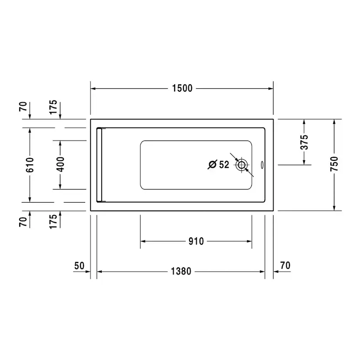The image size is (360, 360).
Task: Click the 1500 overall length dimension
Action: pyautogui.click(x=182, y=88)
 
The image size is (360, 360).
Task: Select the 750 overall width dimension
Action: pyautogui.click(x=334, y=164)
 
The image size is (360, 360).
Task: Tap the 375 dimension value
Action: pyautogui.click(x=304, y=142)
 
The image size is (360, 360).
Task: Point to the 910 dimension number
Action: pyautogui.click(x=196, y=241)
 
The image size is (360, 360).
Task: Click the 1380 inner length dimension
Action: pyautogui.click(x=181, y=271)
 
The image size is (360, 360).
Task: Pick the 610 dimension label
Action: pyautogui.click(x=30, y=165)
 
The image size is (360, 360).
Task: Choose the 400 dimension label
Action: pyautogui.click(x=60, y=164)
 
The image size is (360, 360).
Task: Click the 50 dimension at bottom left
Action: pyautogui.click(x=79, y=266)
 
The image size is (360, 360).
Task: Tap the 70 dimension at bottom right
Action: pyautogui.click(x=285, y=265)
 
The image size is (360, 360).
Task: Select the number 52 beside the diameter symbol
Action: pyautogui.click(x=224, y=165)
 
